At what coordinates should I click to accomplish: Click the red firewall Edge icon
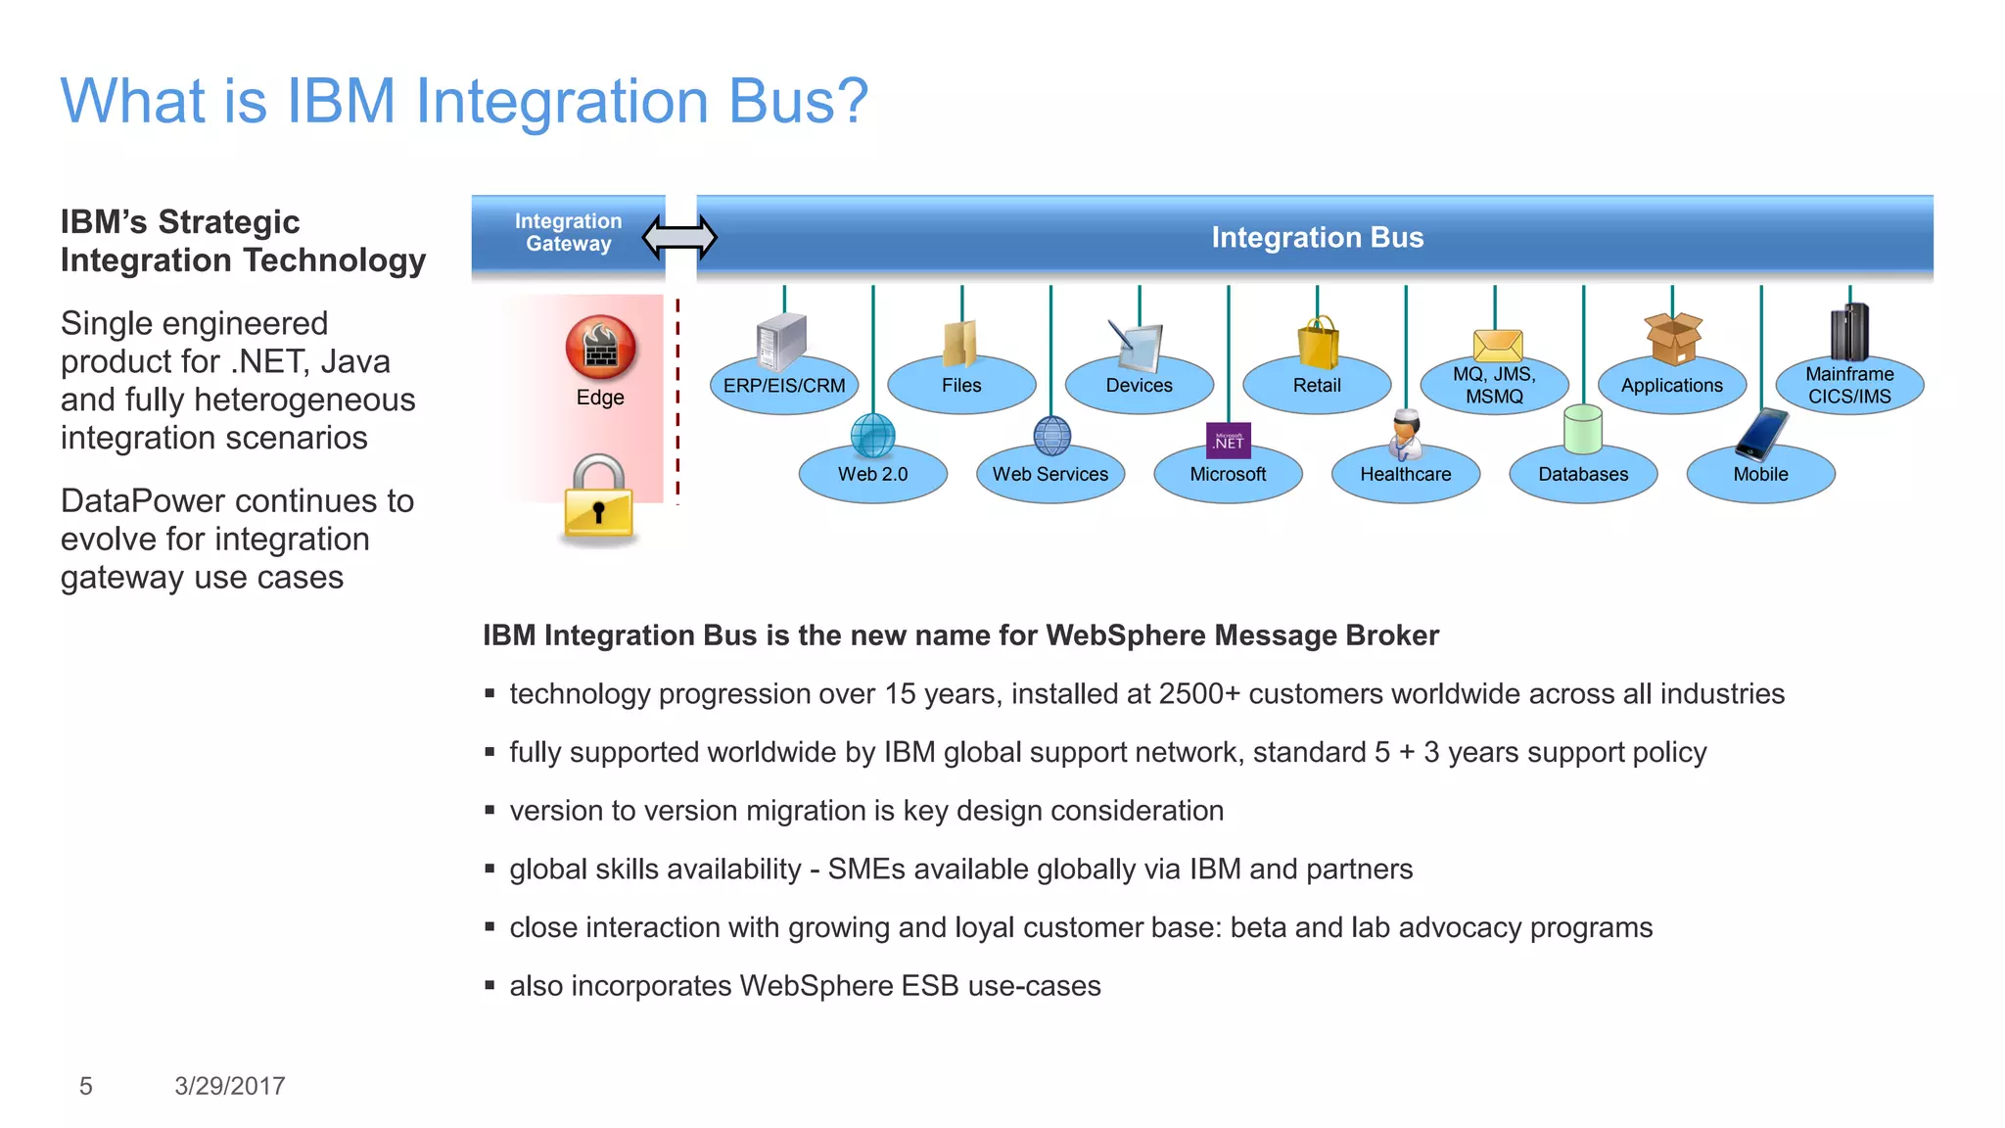(x=600, y=348)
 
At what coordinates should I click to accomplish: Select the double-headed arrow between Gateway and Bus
(x=679, y=237)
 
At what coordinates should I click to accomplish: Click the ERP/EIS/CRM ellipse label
(x=784, y=386)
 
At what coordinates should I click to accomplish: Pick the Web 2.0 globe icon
(x=872, y=435)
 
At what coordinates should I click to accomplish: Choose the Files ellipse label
(x=961, y=386)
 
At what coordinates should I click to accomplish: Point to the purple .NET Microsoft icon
(x=1228, y=441)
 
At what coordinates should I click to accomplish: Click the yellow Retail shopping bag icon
(x=1318, y=343)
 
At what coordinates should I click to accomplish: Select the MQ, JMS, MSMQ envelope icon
(x=1497, y=346)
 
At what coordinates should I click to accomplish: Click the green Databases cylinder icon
(x=1583, y=429)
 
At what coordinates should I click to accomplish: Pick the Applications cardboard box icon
(x=1673, y=339)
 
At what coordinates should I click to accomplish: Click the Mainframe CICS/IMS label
(x=1849, y=386)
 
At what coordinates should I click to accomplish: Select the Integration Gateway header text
(x=568, y=233)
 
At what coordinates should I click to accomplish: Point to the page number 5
(x=86, y=1086)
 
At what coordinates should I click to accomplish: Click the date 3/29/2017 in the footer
(x=230, y=1086)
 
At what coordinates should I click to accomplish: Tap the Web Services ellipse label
(x=1049, y=475)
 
